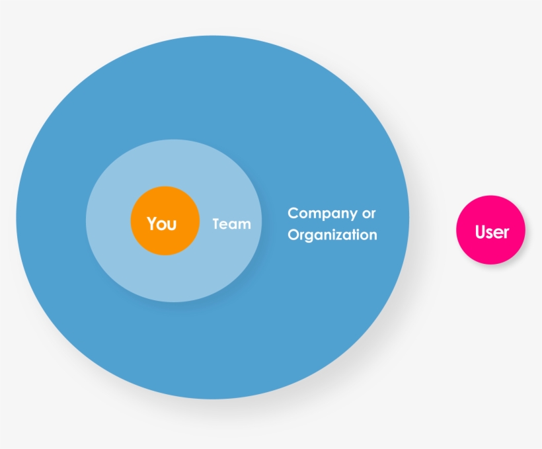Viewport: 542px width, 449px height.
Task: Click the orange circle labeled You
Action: (165, 221)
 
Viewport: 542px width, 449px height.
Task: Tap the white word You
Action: (162, 224)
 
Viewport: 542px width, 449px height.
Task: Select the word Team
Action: (231, 224)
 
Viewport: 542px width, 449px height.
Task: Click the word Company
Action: (322, 214)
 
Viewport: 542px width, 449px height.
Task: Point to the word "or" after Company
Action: (369, 214)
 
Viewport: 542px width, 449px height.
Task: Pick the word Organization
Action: (332, 235)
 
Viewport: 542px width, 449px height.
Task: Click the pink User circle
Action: (491, 230)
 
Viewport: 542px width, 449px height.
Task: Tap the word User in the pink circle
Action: (492, 231)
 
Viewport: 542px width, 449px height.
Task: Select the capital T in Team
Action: (216, 224)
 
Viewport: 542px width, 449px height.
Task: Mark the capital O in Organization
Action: (293, 234)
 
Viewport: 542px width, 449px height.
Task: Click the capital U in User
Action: (481, 231)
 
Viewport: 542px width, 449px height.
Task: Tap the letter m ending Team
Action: (245, 225)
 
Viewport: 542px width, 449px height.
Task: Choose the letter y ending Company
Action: (352, 216)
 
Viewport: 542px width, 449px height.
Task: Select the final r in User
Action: (506, 234)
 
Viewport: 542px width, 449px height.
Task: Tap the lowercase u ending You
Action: (173, 226)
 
